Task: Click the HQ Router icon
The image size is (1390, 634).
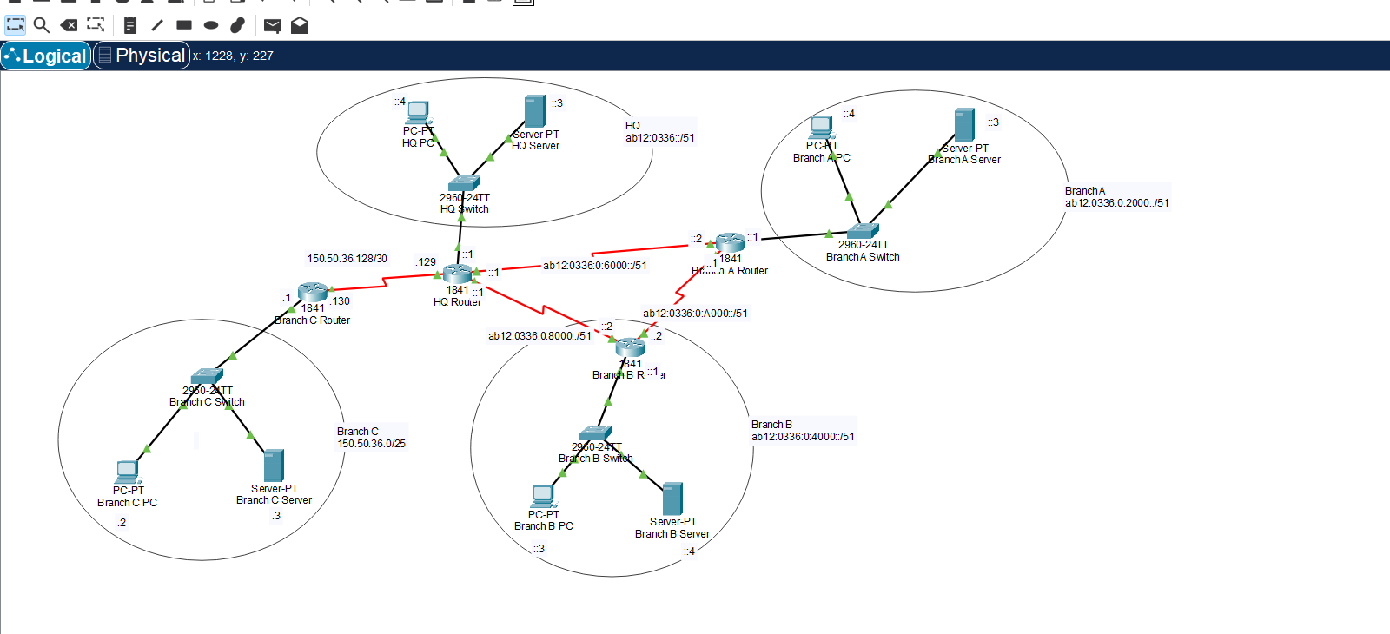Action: tap(457, 274)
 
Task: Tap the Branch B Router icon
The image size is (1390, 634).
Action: tap(630, 347)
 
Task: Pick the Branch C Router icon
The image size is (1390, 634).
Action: tap(313, 292)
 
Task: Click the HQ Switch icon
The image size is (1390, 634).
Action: tap(464, 183)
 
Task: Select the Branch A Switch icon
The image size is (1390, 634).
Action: tap(863, 231)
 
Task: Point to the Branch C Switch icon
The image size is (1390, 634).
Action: tap(207, 376)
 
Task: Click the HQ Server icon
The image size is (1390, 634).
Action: tap(535, 112)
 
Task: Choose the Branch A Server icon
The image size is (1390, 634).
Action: tap(964, 125)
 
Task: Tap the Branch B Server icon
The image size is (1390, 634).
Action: tap(672, 499)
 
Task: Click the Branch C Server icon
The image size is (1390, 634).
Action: tap(274, 466)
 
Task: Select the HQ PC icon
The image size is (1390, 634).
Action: tap(418, 113)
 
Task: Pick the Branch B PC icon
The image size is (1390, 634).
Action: tap(543, 497)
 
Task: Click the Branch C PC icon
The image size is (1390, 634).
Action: tap(127, 472)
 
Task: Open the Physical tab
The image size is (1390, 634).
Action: tap(142, 56)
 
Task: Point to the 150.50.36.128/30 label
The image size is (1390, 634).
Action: tap(347, 259)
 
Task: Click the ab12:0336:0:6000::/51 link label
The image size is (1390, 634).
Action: tap(595, 266)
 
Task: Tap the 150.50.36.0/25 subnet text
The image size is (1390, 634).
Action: tap(372, 444)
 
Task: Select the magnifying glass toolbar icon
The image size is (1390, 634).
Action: tap(42, 25)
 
